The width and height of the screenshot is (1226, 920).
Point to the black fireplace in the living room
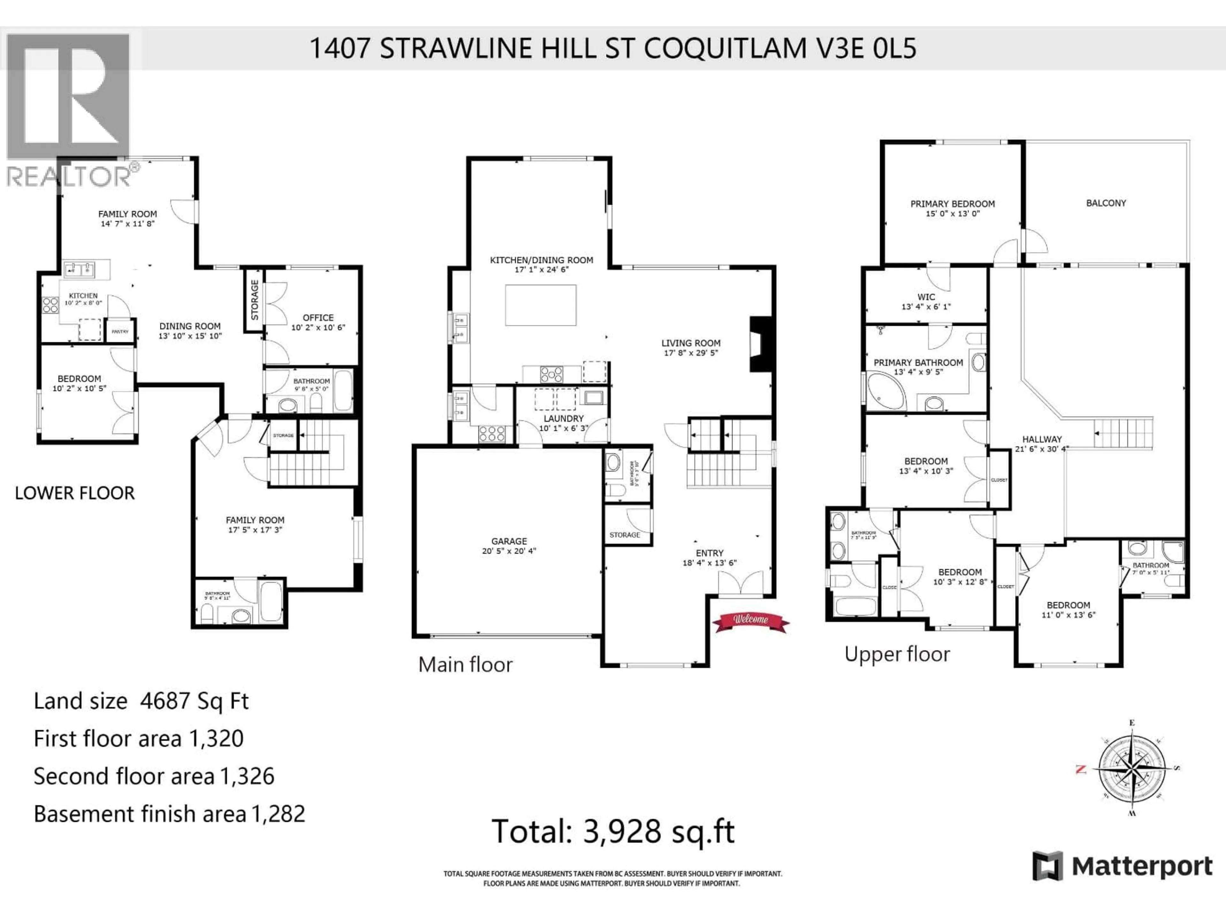pos(757,344)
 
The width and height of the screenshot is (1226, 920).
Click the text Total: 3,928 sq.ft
pos(613,832)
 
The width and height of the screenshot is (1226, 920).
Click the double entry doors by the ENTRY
pos(740,583)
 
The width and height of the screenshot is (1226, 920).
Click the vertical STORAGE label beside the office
pos(254,300)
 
